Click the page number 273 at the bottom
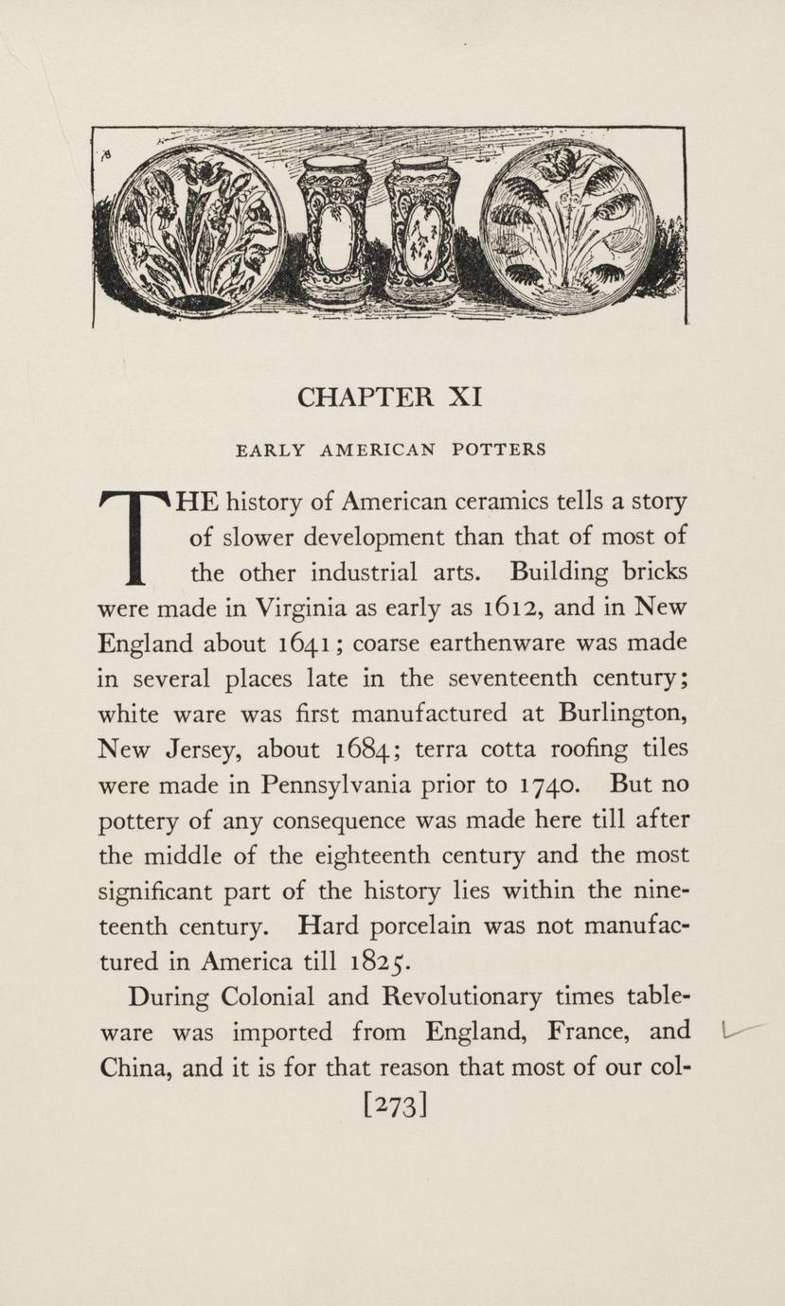391,1104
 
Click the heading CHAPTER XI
390,397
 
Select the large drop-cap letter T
134,536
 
